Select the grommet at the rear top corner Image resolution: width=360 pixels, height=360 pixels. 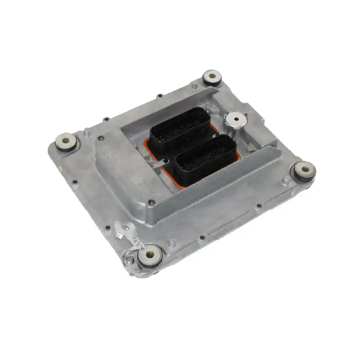click(212, 77)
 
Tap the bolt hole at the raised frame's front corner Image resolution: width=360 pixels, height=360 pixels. click(152, 203)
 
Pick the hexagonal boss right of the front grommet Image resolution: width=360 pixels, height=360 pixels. click(173, 243)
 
